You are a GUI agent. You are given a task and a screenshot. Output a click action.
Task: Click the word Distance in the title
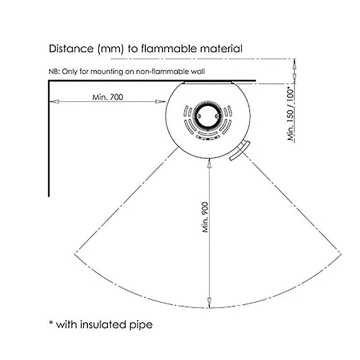(71, 49)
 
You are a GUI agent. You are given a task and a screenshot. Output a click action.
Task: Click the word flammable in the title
(169, 49)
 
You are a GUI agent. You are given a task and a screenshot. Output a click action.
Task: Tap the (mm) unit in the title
(111, 49)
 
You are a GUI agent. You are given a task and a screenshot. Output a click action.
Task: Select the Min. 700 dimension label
(108, 97)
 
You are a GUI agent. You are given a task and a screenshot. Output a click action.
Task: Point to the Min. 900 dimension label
(205, 217)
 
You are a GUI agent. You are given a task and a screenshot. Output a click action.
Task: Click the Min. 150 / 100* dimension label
(291, 114)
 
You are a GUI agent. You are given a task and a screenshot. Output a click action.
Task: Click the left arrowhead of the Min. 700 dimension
(54, 101)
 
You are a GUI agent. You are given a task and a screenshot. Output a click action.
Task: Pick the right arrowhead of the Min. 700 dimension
(160, 101)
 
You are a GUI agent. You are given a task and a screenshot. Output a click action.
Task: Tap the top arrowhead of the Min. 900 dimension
(209, 163)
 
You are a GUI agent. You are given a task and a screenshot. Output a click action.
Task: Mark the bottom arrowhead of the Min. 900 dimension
(209, 303)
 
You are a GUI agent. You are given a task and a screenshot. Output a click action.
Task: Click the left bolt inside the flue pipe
(199, 116)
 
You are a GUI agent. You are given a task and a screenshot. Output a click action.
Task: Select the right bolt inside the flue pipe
(217, 116)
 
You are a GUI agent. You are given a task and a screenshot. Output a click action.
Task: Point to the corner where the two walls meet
(49, 81)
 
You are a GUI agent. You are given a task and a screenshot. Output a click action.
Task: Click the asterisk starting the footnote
(51, 323)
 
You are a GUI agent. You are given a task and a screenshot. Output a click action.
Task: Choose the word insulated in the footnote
(103, 325)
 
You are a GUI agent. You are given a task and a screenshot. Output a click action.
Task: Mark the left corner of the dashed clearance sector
(75, 254)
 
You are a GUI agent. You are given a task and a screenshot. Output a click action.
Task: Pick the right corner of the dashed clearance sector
(341, 253)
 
